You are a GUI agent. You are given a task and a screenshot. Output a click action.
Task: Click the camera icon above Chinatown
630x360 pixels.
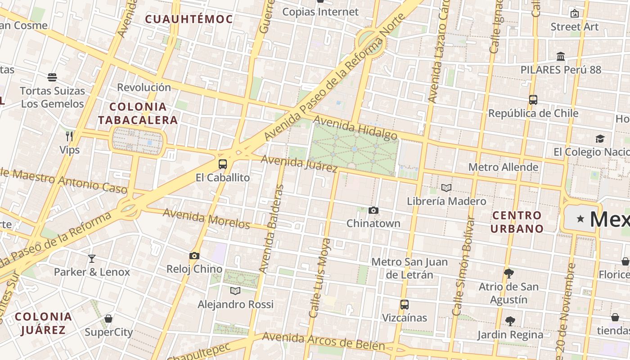point(373,210)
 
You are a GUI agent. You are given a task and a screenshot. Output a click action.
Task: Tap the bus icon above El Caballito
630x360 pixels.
point(222,164)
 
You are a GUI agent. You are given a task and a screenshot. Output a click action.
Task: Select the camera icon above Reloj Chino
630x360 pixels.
point(194,256)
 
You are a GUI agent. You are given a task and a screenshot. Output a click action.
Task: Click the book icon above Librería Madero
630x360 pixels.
point(446,188)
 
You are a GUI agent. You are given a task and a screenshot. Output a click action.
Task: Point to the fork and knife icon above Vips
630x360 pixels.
point(69,136)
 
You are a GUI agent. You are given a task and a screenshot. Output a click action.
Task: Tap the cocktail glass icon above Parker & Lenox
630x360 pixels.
point(92,258)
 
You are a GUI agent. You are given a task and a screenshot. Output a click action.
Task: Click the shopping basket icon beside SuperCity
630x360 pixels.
point(108,319)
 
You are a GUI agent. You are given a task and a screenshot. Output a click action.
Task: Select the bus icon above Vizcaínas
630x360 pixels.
point(405,304)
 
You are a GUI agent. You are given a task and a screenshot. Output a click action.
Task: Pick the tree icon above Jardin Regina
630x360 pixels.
point(510,321)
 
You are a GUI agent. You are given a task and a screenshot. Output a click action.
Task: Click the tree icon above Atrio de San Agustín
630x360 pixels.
point(509,273)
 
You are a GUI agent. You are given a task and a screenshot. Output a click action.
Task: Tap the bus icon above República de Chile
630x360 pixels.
point(533,99)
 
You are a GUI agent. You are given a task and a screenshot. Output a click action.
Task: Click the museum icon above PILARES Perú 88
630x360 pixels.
point(561,57)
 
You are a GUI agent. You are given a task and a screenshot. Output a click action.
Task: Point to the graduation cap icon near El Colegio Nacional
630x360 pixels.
point(600,139)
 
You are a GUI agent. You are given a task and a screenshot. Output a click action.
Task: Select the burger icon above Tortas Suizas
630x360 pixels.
point(52,77)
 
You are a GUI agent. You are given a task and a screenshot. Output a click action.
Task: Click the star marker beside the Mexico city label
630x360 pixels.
point(580,219)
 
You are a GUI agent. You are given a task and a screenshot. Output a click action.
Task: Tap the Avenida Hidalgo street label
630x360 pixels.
point(355,128)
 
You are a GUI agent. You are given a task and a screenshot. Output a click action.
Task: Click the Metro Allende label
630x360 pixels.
point(503,167)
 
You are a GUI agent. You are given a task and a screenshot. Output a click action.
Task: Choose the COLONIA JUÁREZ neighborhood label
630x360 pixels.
point(43,323)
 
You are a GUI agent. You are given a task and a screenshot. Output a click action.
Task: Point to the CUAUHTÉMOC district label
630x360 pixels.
point(189,19)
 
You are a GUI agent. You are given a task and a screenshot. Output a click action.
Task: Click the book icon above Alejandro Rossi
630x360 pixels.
point(235,291)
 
